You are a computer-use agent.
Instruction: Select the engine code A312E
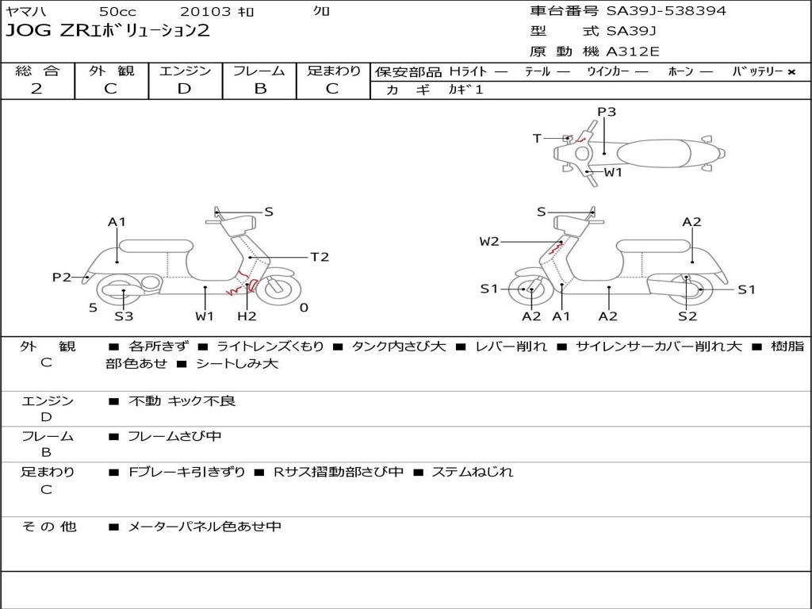coord(633,52)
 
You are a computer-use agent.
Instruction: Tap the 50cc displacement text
coord(117,11)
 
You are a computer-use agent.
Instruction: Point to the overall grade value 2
coord(36,89)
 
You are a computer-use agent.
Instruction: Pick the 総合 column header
coord(36,71)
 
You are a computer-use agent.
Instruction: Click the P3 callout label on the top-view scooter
coord(607,112)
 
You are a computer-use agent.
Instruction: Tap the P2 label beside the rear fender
coord(62,277)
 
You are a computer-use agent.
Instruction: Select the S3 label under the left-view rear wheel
coord(124,316)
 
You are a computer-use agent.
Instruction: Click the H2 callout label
coord(247,316)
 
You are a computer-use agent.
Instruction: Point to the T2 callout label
coord(320,257)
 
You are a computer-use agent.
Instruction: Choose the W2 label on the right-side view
coord(489,241)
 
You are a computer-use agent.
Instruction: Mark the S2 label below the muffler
coord(687,316)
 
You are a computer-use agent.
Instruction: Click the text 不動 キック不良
coord(182,401)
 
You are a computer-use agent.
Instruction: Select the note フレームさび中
coord(175,436)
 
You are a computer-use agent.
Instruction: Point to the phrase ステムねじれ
coord(473,472)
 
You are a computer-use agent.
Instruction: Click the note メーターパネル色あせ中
coord(205,527)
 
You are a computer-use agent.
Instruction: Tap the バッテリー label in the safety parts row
coord(757,71)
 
